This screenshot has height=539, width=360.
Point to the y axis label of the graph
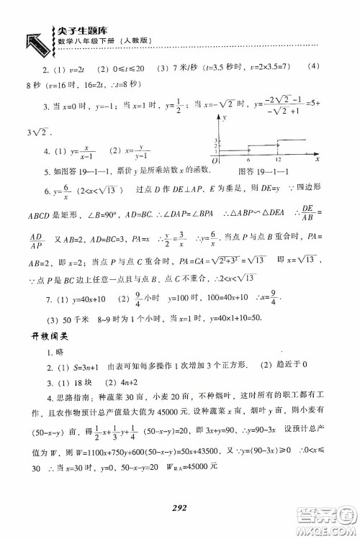coord(223,116)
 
